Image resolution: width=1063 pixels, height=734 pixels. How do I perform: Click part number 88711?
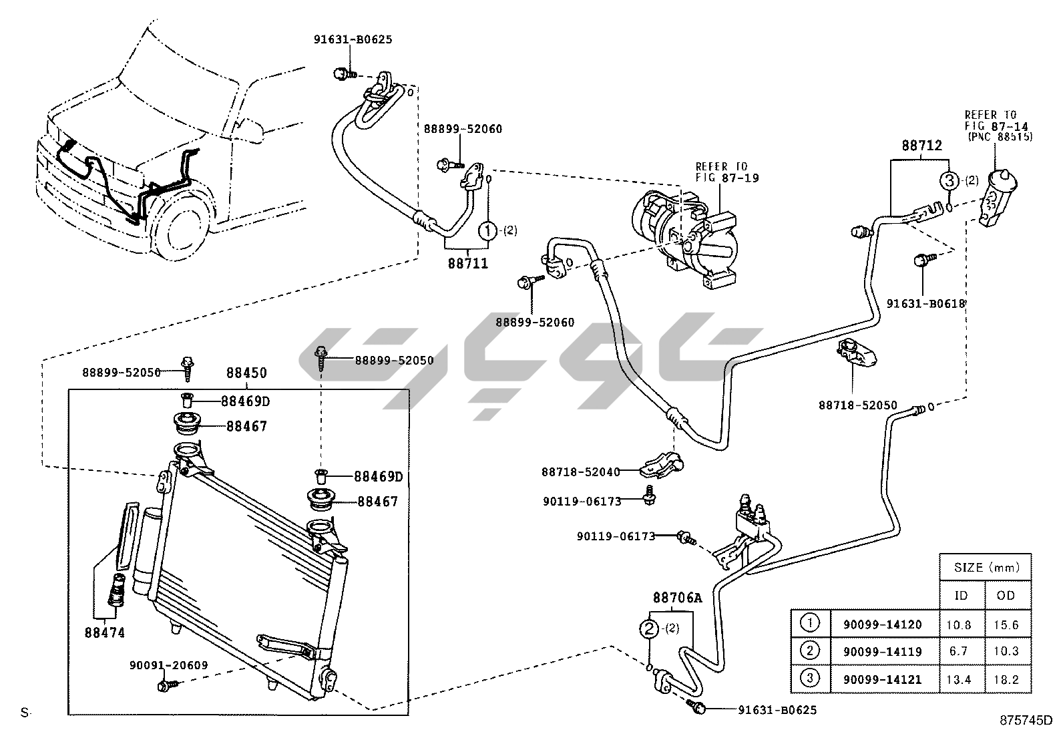467,263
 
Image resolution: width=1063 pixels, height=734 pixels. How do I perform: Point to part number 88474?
104,632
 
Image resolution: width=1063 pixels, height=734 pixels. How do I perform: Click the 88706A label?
677,598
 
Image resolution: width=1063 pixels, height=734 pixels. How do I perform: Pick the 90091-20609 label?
168,665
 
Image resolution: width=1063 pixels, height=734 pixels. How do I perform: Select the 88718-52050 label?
858,405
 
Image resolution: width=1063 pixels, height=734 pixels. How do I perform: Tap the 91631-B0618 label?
926,303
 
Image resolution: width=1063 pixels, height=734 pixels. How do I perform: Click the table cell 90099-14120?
882,624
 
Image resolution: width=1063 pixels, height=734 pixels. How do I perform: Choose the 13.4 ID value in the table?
960,679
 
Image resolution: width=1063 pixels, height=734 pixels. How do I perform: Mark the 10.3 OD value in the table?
1006,651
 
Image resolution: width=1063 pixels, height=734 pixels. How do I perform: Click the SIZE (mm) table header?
986,568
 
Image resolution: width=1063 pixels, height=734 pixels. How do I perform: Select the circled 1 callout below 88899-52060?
489,231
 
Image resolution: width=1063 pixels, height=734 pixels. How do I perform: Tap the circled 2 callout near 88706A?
648,628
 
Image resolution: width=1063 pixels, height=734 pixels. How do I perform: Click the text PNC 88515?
1000,137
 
